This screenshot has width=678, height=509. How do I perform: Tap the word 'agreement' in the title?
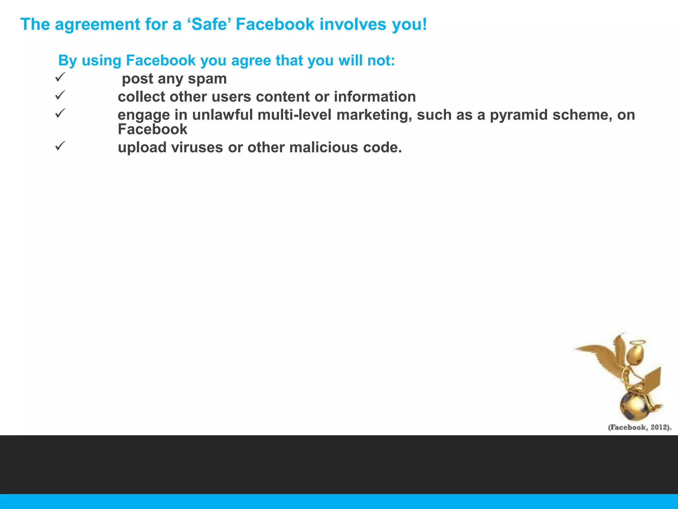(x=97, y=25)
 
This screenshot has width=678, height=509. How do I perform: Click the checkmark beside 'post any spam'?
(x=60, y=78)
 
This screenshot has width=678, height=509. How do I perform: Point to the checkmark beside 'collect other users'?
(x=60, y=95)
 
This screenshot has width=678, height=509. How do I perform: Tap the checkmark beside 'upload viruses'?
(x=60, y=146)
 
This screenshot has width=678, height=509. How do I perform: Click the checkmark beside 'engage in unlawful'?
(x=60, y=114)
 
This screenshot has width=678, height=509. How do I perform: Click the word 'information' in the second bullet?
(x=375, y=97)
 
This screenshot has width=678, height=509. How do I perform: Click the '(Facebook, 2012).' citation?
(x=640, y=427)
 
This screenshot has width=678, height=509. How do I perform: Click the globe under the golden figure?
(x=634, y=406)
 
